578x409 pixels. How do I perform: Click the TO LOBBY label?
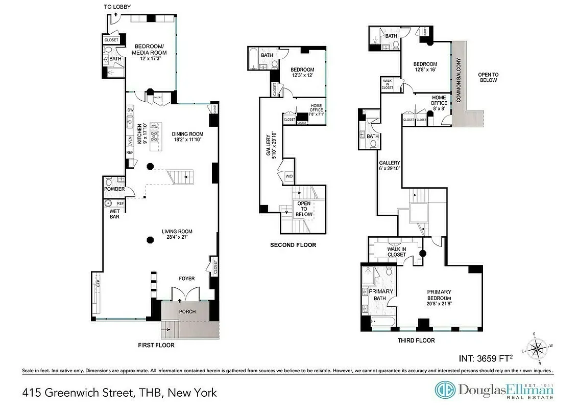117,7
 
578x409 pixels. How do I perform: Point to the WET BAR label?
114,214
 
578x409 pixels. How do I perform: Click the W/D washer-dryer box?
289,176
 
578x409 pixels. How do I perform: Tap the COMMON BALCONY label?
459,80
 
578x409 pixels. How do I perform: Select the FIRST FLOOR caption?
156,345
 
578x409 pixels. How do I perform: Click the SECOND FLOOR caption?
293,245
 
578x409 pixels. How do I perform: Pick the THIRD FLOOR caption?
416,340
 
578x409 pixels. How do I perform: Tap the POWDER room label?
114,189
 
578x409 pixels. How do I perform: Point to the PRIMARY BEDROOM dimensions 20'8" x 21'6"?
440,304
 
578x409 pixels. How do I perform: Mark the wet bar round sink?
109,203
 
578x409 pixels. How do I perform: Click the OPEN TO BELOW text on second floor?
304,209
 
